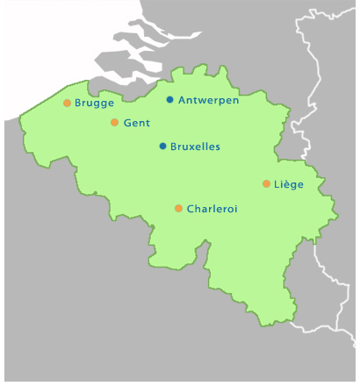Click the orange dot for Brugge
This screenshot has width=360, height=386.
(x=67, y=103)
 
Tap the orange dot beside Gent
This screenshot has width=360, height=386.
(x=114, y=123)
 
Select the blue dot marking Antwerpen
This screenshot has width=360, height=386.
(x=169, y=100)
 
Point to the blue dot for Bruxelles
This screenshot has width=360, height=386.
(x=162, y=147)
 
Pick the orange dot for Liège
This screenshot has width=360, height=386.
(x=266, y=184)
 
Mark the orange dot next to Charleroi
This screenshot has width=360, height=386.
(x=178, y=209)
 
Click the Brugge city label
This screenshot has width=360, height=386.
(x=95, y=104)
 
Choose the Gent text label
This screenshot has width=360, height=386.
(x=137, y=123)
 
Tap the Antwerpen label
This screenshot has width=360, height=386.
(x=209, y=100)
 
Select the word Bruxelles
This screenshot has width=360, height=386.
(x=195, y=147)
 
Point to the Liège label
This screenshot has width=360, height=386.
(x=289, y=184)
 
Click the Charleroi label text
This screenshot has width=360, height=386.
(x=212, y=209)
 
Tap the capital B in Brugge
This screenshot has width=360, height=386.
(x=78, y=103)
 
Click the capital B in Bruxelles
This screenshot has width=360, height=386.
(x=174, y=147)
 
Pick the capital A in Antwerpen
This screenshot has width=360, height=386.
(x=182, y=100)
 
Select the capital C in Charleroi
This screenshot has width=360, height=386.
(x=191, y=209)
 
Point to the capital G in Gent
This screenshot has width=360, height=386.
(x=128, y=123)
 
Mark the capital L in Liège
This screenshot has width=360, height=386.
(x=277, y=184)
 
